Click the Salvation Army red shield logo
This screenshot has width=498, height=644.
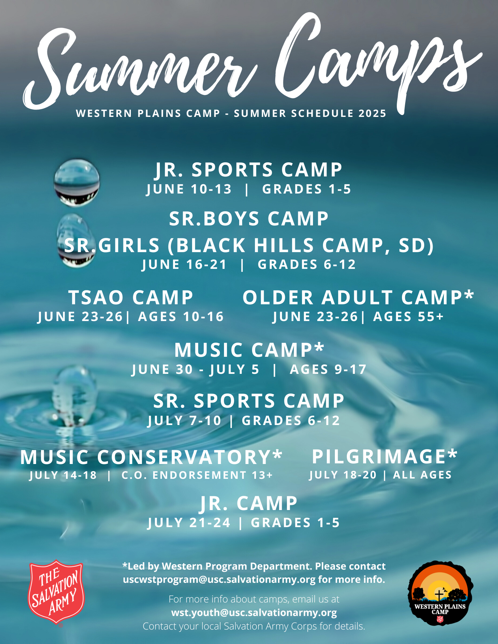click(x=56, y=592)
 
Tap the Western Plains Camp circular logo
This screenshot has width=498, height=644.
click(x=440, y=593)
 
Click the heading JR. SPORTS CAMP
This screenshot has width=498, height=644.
click(x=249, y=170)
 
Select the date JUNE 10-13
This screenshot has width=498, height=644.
click(x=189, y=189)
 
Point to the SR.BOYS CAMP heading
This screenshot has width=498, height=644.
click(x=249, y=219)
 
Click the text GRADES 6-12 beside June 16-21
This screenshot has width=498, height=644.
click(x=307, y=264)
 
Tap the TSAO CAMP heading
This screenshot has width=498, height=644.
click(x=131, y=297)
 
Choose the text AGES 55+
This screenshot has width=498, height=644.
click(x=408, y=317)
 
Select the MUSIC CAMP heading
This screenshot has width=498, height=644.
click(x=249, y=350)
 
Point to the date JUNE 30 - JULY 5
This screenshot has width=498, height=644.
click(x=195, y=369)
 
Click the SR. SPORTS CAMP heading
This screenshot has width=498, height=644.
click(x=249, y=401)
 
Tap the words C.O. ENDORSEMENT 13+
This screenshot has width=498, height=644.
click(x=197, y=475)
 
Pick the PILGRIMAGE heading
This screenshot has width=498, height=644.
click(x=385, y=457)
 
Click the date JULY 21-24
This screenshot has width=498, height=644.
click(x=189, y=523)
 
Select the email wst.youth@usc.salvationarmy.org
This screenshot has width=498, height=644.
click(x=254, y=612)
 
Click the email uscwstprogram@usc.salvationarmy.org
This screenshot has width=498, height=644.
click(x=219, y=580)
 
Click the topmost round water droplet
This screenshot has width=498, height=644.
click(x=77, y=183)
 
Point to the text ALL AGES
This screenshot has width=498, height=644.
click(x=422, y=475)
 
